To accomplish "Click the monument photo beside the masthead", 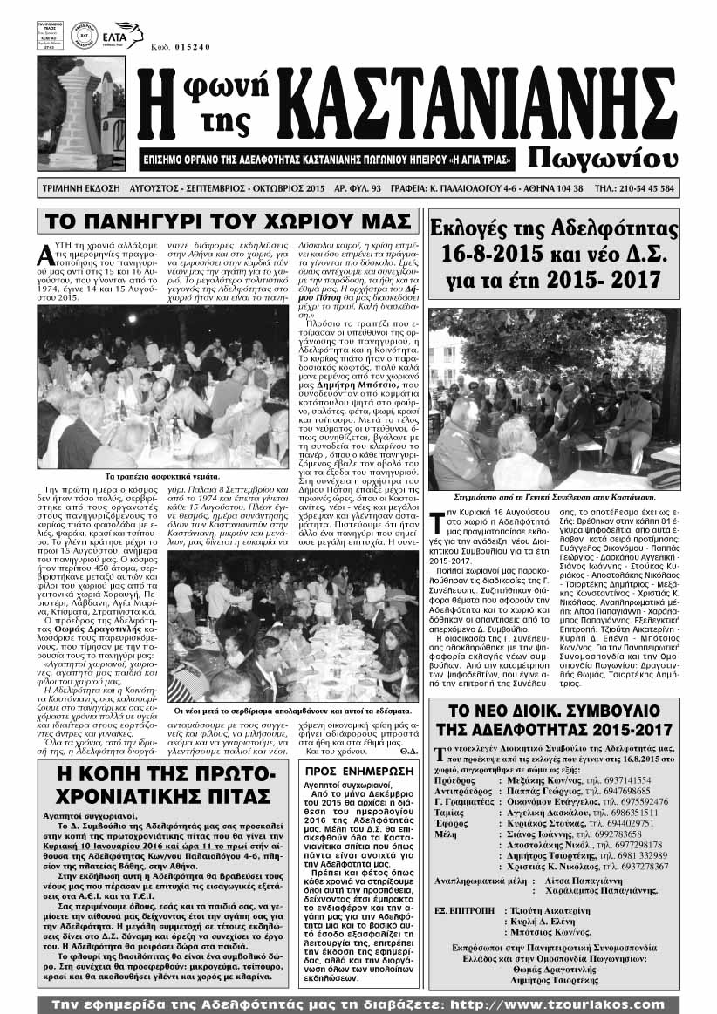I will pyautogui.click(x=69, y=113).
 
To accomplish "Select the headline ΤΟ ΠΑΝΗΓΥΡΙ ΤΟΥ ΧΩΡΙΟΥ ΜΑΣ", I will pyautogui.click(x=227, y=221).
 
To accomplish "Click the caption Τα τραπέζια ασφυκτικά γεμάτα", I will pyautogui.click(x=163, y=476).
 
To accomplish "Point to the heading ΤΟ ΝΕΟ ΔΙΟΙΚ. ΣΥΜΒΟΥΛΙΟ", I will pyautogui.click(x=553, y=717).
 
